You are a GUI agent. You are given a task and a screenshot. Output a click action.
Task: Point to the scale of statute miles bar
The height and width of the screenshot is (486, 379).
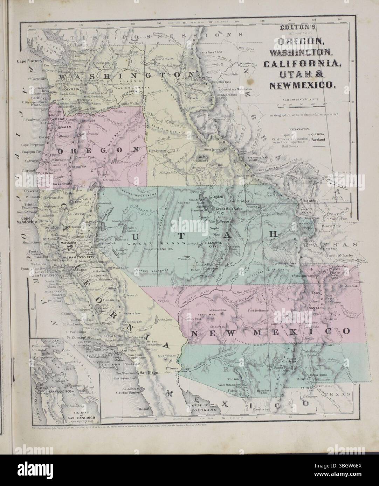[x=302, y=104]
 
